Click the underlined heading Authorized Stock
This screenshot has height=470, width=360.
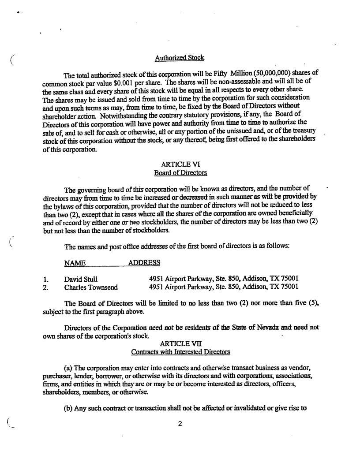180,58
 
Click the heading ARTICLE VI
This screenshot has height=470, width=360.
180,164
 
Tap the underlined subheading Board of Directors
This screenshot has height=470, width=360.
180,172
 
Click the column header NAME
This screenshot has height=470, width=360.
75,263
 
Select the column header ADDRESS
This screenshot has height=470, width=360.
144,263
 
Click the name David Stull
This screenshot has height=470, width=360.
81,279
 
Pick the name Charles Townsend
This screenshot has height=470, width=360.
91,287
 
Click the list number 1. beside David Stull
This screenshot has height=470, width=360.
46,279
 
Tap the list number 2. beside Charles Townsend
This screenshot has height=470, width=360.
46,287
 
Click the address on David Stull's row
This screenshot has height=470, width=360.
224,279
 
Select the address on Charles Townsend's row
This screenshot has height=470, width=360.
224,287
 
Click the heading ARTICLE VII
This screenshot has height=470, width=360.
181,343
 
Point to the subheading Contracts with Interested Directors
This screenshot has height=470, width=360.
180,352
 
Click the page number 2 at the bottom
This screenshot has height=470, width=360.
180,424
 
